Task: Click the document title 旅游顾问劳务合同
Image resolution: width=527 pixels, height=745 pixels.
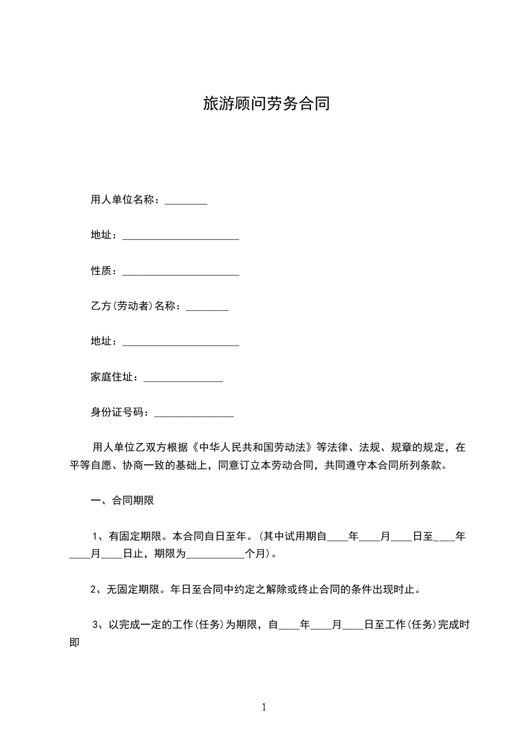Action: (x=266, y=104)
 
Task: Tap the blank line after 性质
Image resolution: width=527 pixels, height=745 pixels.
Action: (x=181, y=272)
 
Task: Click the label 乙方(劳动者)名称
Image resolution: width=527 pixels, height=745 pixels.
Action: (x=135, y=306)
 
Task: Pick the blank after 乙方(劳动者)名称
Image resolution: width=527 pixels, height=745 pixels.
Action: (x=207, y=308)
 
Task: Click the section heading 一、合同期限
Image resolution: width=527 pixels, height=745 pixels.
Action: (x=122, y=501)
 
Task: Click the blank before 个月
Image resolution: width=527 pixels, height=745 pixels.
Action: (x=217, y=554)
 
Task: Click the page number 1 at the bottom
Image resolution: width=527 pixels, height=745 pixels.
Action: (x=264, y=707)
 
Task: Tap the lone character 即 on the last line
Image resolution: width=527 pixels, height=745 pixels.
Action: (x=74, y=642)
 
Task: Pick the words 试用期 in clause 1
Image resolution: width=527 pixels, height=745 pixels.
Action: (x=300, y=536)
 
